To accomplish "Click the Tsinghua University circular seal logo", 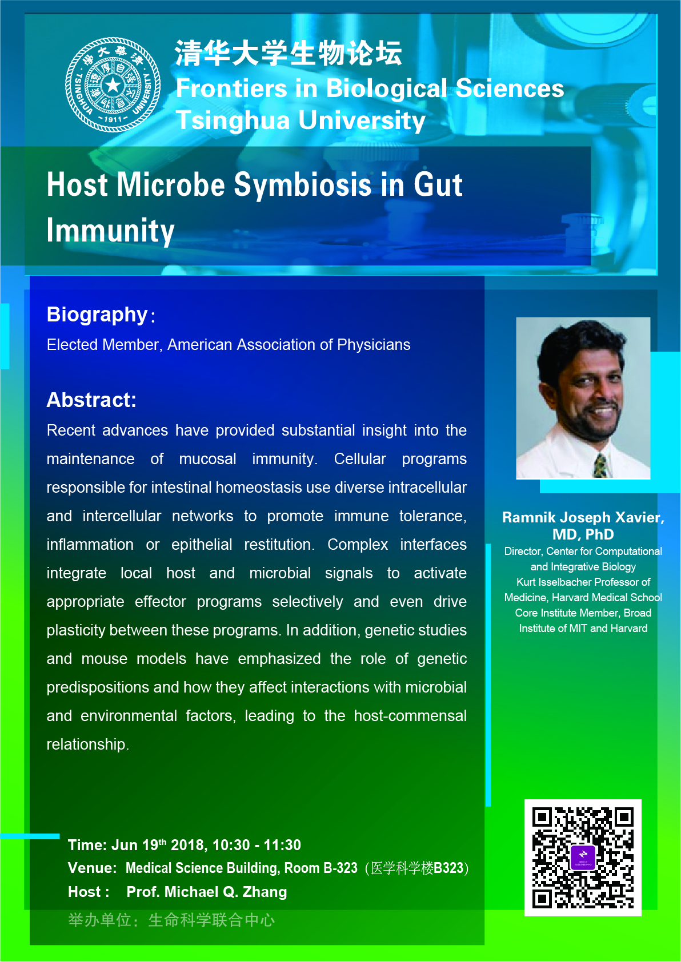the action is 113,84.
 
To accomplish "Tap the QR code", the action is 583,857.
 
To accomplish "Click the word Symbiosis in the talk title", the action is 302,184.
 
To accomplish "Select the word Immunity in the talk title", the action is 110,231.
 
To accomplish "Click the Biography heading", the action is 97,315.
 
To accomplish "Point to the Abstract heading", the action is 91,400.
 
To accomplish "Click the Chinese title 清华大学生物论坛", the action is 289,53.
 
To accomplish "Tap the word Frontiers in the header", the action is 231,88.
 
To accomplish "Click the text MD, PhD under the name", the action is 583,534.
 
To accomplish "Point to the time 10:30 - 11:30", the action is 257,845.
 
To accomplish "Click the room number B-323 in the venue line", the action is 340,868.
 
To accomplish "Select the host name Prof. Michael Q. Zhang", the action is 207,892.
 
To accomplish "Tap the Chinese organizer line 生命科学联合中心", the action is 211,920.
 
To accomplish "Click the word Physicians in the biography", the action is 374,345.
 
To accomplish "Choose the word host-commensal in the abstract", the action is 410,716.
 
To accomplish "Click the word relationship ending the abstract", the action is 87,744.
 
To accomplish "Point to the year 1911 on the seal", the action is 113,119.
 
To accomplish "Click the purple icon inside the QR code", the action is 583,857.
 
